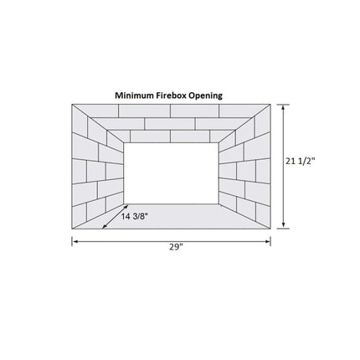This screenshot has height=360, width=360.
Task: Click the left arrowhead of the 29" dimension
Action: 75,241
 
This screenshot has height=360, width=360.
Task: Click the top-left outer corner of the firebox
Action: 72,103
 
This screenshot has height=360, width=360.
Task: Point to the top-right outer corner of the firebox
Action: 272,103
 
